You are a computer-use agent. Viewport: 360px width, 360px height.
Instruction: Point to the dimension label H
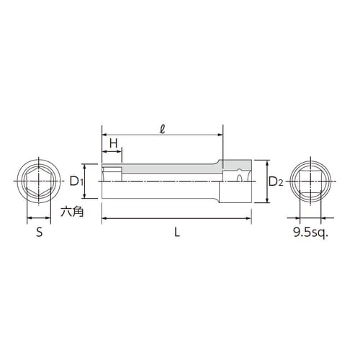click(x=113, y=143)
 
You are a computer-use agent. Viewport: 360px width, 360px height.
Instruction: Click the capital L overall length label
click(x=177, y=232)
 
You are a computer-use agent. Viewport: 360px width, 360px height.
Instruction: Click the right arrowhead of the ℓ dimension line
click(x=219, y=135)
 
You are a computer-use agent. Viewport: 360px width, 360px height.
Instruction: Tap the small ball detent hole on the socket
click(x=240, y=176)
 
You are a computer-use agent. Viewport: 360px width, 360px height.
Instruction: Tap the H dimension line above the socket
click(x=113, y=152)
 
